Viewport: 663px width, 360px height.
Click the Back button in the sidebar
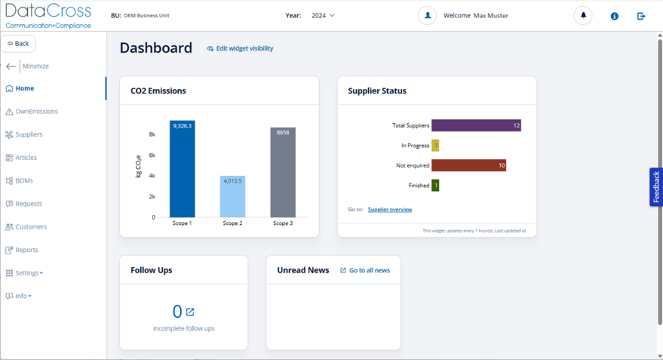click(18, 44)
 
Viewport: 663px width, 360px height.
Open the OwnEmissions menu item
click(36, 112)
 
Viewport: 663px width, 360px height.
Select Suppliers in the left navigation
click(29, 134)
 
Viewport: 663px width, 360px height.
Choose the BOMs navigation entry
click(24, 180)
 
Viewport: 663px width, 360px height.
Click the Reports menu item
click(26, 250)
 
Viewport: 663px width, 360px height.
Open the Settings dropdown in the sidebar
click(29, 273)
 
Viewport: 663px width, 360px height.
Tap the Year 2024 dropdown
click(323, 15)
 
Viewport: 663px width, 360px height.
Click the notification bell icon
click(583, 15)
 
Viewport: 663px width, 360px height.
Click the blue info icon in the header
click(614, 16)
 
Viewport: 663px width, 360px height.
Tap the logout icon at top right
click(641, 16)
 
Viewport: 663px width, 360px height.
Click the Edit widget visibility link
click(244, 48)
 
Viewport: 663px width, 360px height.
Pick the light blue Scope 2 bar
click(232, 197)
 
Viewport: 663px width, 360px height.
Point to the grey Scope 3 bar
click(283, 173)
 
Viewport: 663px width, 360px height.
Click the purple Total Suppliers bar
click(476, 125)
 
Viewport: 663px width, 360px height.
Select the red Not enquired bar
click(468, 165)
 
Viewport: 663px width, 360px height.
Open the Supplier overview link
click(390, 210)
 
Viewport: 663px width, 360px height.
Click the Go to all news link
click(369, 270)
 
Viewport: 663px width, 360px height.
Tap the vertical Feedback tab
click(655, 186)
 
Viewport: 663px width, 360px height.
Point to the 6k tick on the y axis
click(152, 155)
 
